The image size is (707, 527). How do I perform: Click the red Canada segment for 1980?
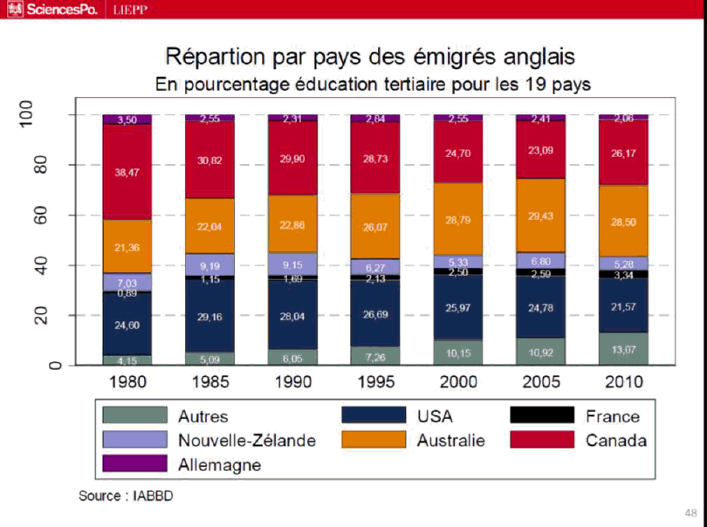coord(127,172)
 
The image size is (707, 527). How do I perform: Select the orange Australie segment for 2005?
coord(539,215)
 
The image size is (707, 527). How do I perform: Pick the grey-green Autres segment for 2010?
coord(622,348)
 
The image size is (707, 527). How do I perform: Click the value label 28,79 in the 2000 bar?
coord(457,220)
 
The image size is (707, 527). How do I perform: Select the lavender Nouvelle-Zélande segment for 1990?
coord(292,263)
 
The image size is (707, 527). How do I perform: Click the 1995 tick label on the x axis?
coord(374,382)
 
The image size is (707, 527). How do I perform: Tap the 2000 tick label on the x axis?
coord(457,382)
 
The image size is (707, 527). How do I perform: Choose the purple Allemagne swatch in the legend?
coord(134,463)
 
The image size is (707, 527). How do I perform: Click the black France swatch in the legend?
coord(541,415)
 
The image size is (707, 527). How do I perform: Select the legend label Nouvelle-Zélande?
coord(246,441)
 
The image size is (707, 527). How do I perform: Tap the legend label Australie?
coord(450,441)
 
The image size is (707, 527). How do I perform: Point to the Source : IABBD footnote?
coord(132,495)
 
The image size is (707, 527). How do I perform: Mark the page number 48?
coord(690,512)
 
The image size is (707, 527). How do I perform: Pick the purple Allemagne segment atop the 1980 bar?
coord(127,120)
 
